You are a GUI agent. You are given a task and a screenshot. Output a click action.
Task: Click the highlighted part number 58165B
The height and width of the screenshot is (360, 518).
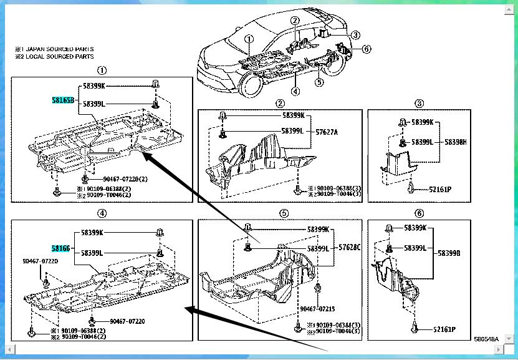click(63, 100)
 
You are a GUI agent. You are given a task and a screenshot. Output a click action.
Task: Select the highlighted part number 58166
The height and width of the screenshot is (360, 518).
click(60, 248)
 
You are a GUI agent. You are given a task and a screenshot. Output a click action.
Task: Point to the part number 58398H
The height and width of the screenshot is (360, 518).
click(455, 142)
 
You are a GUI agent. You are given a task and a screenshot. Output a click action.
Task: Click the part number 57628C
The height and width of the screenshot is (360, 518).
click(349, 248)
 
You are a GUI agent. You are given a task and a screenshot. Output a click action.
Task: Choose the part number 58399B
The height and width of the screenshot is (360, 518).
click(449, 253)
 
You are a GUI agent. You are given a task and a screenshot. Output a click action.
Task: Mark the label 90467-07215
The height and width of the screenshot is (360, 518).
click(317, 308)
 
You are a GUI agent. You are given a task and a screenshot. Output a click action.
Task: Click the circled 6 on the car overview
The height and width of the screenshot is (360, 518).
click(366, 49)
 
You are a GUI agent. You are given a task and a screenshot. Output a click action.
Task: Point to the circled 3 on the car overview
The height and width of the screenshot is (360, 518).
click(355, 35)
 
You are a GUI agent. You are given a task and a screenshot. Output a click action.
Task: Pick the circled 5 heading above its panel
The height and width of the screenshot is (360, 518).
click(284, 213)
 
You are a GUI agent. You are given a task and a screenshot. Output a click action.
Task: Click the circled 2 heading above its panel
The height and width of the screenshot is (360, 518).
click(280, 103)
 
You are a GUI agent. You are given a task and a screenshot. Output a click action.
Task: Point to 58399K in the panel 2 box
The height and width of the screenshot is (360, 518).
click(293, 115)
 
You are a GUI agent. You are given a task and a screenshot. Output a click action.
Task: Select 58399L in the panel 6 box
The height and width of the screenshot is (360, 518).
click(415, 248)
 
